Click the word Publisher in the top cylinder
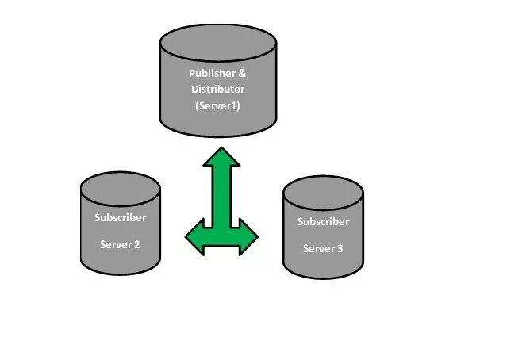coord(208,74)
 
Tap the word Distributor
coord(217,89)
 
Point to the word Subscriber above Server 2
coord(121,217)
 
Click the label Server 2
coord(121,244)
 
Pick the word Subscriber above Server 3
coord(323,222)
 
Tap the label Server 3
coord(323,248)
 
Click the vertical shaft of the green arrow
coord(221,198)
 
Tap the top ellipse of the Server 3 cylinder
coord(323,192)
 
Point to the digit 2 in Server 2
coord(137,244)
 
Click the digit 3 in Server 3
coord(340,248)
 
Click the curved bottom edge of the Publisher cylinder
coord(218,134)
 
